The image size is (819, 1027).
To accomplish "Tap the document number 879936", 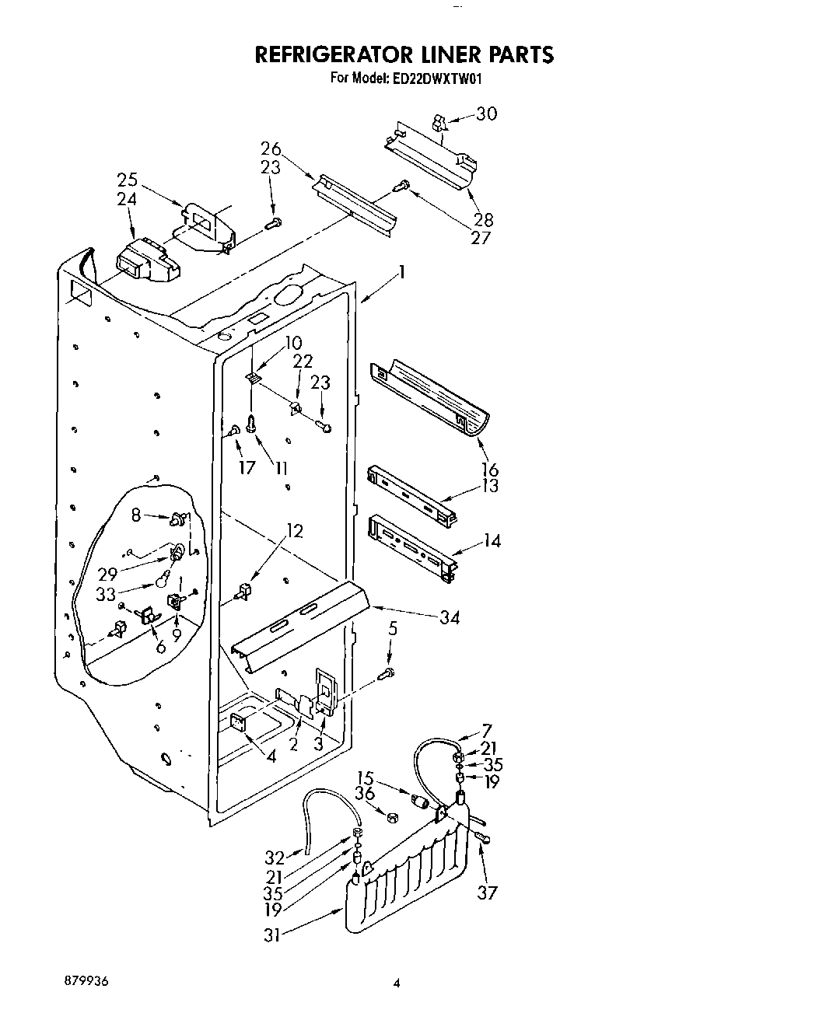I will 87,981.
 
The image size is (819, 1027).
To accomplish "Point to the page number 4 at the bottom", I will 396,983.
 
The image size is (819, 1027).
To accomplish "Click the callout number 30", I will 486,114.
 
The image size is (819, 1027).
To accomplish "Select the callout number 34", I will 449,617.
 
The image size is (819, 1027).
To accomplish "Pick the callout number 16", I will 490,470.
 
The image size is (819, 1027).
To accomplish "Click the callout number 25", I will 127,180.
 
